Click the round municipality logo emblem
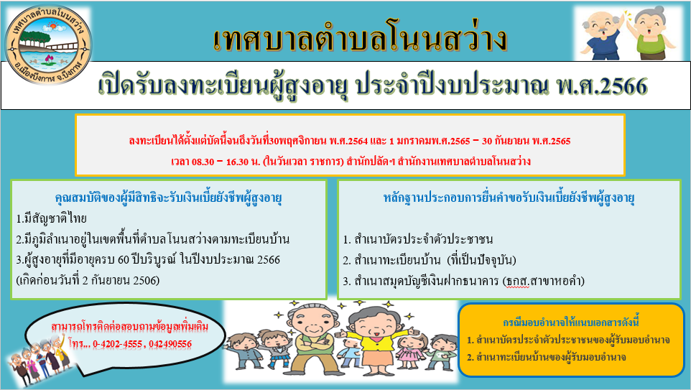click(x=47, y=46)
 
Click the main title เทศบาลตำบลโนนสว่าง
click(x=360, y=40)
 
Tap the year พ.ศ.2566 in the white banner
click(x=602, y=86)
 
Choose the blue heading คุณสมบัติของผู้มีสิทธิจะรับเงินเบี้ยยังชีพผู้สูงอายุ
click(x=168, y=198)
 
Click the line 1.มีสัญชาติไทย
click(x=51, y=218)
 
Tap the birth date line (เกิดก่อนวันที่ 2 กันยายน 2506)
click(x=88, y=280)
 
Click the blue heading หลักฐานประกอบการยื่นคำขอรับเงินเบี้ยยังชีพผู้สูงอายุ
click(x=509, y=198)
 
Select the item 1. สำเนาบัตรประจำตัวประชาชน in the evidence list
click(x=418, y=240)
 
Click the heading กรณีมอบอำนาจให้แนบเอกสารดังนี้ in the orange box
click(x=571, y=322)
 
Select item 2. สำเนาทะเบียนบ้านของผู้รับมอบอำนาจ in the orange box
click(x=547, y=358)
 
